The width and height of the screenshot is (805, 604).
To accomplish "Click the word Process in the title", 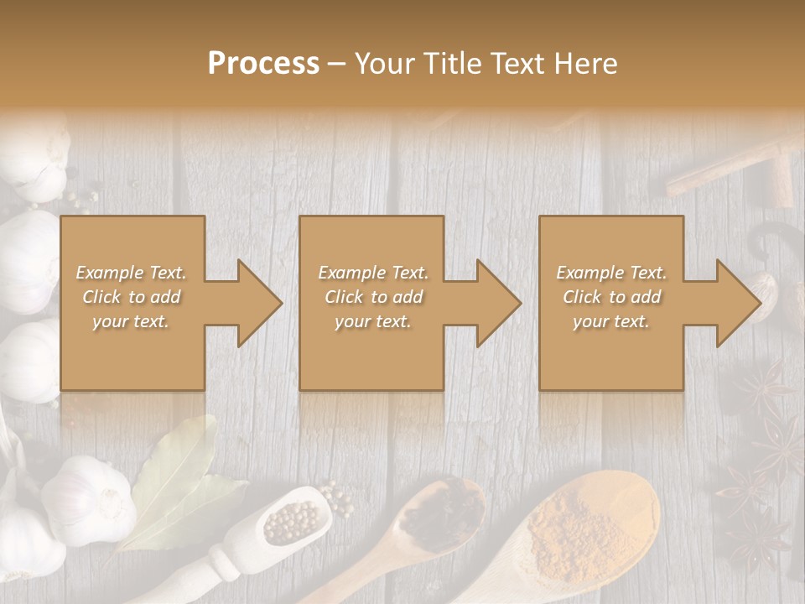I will click(x=263, y=63).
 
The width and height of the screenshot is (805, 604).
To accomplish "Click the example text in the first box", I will click(x=132, y=297).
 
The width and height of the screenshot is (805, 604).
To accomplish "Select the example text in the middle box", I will click(x=373, y=297).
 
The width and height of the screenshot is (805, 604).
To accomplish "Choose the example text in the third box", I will click(x=611, y=297).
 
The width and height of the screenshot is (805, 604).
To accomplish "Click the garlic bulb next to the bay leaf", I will click(x=88, y=499).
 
